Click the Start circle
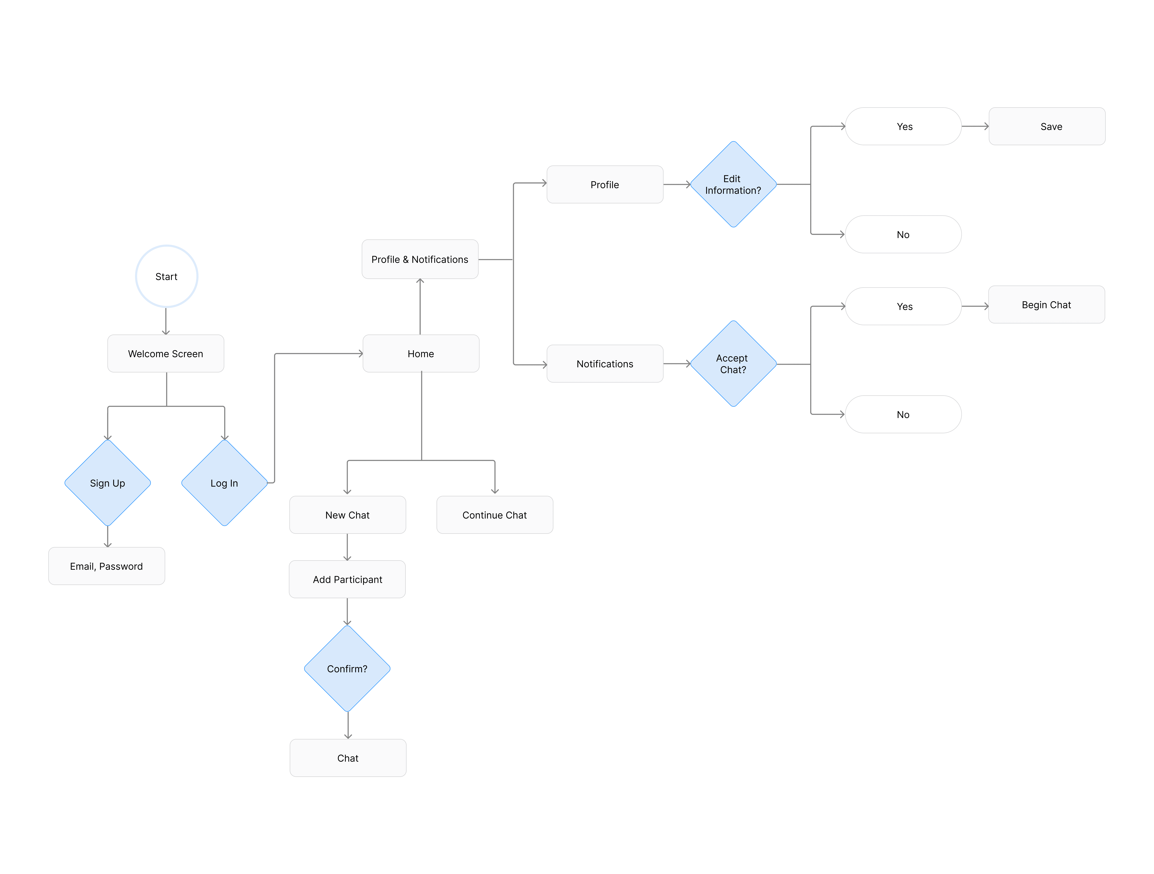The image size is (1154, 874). pos(166,277)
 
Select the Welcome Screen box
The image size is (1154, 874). pos(166,354)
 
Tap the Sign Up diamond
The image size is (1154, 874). pos(107,483)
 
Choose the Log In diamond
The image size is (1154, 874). pos(224,483)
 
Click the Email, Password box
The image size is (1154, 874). pos(106,566)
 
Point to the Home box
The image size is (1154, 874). pos(421,354)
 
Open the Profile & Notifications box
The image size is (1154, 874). pos(420,259)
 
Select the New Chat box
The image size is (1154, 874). pos(347,515)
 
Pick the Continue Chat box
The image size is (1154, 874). pos(495,515)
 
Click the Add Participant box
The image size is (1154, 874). pos(347,579)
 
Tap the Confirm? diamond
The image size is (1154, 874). pos(347,668)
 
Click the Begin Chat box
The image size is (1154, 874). pos(1047,305)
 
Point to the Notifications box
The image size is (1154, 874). pos(605,364)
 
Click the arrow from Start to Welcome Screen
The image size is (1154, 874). pos(166,321)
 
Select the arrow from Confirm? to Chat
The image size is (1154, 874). pos(348,725)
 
